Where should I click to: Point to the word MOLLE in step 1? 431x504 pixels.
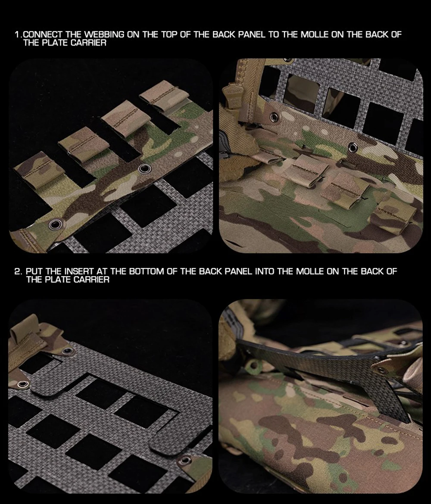tap(314, 35)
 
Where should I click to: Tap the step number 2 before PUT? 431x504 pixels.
tap(18, 272)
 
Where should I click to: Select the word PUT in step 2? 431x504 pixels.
tap(34, 272)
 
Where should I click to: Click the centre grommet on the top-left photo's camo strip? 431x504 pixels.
tap(144, 168)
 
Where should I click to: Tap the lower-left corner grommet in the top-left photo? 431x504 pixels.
tap(57, 224)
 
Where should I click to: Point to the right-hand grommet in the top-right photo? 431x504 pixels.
tap(353, 147)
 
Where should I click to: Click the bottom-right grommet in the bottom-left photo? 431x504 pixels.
tap(185, 460)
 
